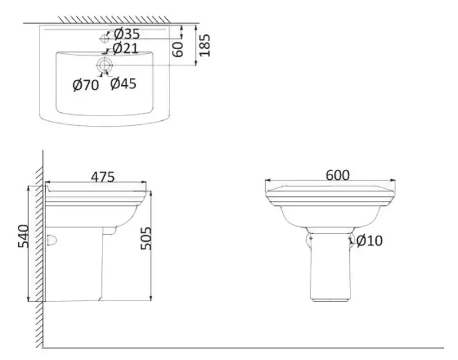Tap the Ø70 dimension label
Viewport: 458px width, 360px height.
(x=86, y=85)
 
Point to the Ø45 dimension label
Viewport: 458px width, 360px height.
(x=123, y=84)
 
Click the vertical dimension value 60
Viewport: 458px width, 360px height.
(x=178, y=49)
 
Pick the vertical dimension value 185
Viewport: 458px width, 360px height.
(x=204, y=45)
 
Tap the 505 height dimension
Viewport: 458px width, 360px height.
(x=145, y=238)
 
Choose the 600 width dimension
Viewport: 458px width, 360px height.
(x=337, y=175)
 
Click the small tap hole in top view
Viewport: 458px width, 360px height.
(x=104, y=38)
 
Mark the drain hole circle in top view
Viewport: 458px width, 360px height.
(x=104, y=65)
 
